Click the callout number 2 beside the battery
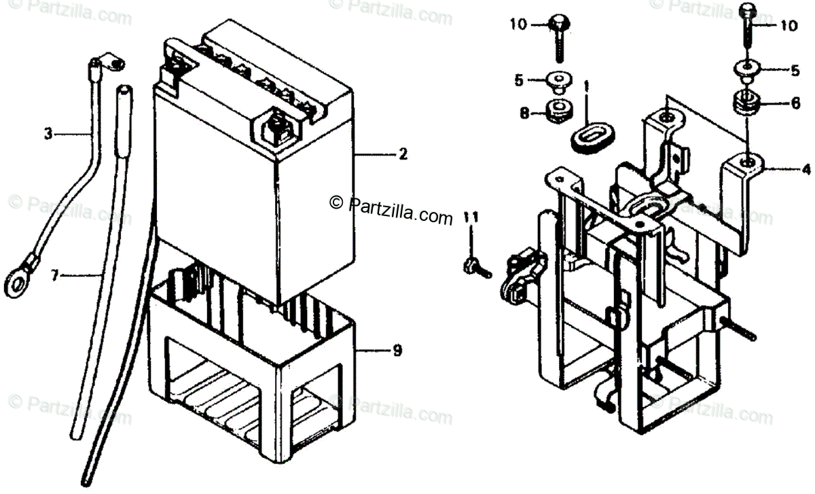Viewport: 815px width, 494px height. [x=403, y=155]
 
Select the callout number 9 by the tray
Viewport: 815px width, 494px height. [x=397, y=351]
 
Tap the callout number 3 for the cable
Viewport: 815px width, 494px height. [x=48, y=135]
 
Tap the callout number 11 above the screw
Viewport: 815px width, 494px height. [x=471, y=217]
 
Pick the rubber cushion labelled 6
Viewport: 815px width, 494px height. [x=745, y=105]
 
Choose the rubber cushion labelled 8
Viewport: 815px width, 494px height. [x=559, y=110]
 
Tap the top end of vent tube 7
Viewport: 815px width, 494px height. [x=124, y=90]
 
